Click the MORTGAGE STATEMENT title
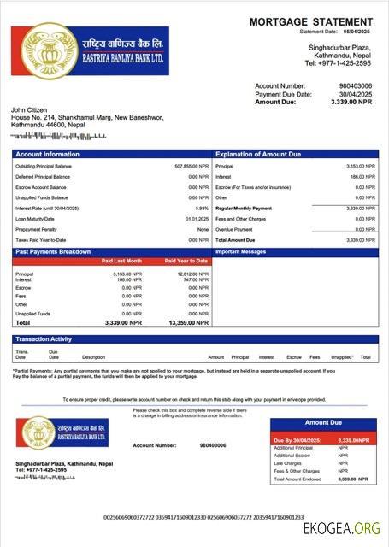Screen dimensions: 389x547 click(311, 21)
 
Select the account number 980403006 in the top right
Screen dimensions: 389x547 click(355, 86)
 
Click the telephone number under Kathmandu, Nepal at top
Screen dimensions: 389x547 click(338, 63)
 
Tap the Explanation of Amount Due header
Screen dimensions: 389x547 click(258, 154)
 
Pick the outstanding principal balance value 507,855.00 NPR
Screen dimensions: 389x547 click(191, 166)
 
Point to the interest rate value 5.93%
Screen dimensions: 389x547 click(202, 208)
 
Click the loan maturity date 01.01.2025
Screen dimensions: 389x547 click(197, 218)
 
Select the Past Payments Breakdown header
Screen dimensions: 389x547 click(53, 252)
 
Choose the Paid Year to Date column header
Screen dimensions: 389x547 click(186, 260)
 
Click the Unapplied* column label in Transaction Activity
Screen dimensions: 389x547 click(341, 357)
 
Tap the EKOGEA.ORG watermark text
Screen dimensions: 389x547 click(339, 529)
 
